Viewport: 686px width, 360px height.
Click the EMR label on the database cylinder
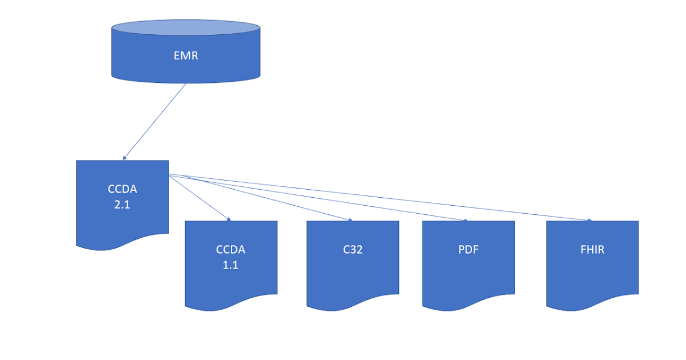[x=186, y=56]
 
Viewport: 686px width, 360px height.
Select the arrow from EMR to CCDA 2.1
[x=154, y=122]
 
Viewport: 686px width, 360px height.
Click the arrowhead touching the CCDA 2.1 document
[x=124, y=158]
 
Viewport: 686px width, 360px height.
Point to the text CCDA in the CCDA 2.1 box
[x=122, y=190]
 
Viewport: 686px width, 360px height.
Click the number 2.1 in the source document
[x=122, y=204]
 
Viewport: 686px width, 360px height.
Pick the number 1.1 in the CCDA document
[x=230, y=265]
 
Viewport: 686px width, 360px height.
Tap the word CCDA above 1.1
[x=230, y=250]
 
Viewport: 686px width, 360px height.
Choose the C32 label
[x=353, y=250]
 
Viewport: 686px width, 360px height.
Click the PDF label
[x=468, y=250]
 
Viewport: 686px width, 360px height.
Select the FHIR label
[x=592, y=250]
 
